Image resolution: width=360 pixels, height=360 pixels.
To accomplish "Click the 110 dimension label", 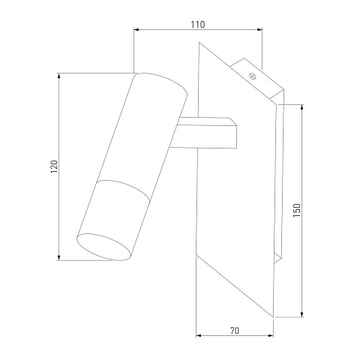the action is pyautogui.click(x=198, y=25).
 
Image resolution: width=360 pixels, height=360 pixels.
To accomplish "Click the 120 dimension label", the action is pyautogui.click(x=54, y=166).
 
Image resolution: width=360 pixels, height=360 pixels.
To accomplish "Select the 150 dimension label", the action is pyautogui.click(x=297, y=210).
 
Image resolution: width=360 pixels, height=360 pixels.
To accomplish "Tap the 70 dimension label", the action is pyautogui.click(x=235, y=331).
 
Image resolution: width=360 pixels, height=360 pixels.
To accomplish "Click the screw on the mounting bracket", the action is pyautogui.click(x=253, y=76).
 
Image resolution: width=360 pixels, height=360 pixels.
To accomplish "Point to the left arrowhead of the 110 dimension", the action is pyautogui.click(x=136, y=30).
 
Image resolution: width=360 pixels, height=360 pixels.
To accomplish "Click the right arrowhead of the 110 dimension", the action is pyautogui.click(x=259, y=30).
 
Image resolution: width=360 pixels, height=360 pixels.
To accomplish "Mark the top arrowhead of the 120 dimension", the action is pyautogui.click(x=59, y=76).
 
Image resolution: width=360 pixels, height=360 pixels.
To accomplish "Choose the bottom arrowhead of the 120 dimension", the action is pyautogui.click(x=59, y=257).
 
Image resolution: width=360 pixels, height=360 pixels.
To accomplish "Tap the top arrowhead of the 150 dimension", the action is pyautogui.click(x=302, y=107).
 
